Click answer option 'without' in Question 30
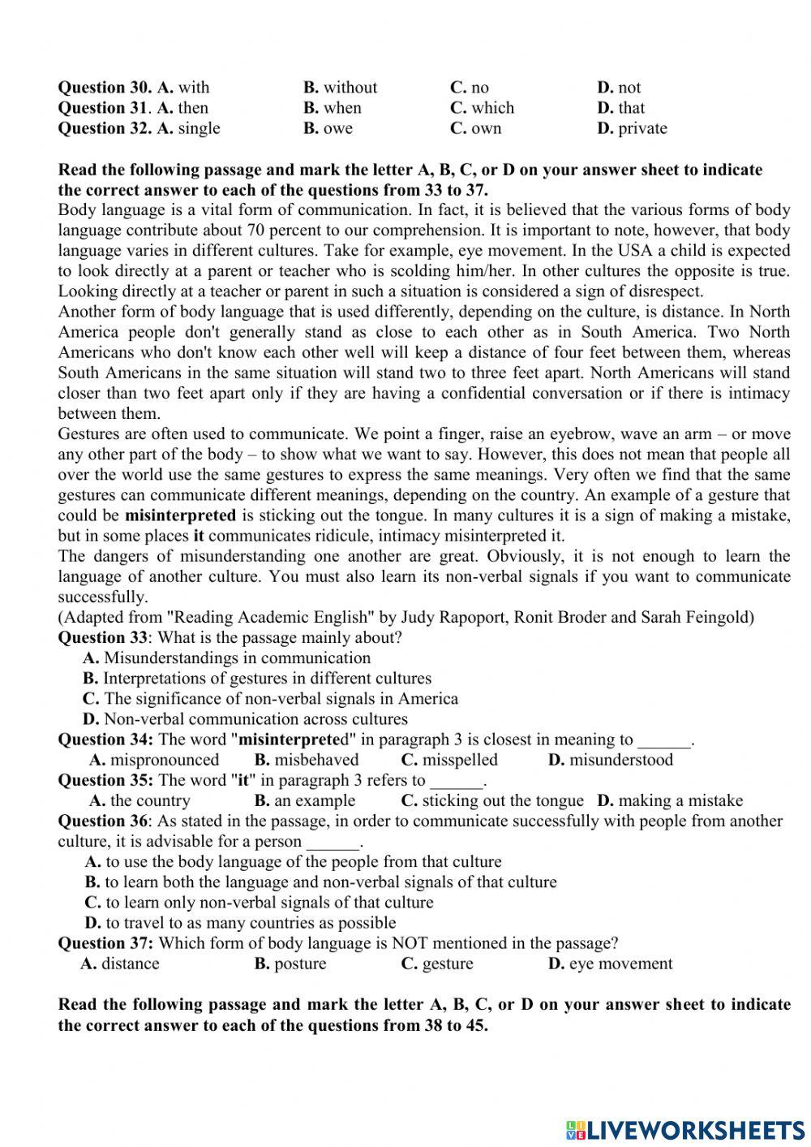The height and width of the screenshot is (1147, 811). tap(350, 88)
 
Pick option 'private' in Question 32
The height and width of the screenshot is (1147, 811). tap(642, 128)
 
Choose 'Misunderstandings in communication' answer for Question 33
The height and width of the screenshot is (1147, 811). tap(237, 658)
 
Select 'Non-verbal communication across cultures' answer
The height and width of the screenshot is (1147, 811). tap(255, 719)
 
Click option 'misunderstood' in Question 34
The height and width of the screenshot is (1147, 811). tap(620, 760)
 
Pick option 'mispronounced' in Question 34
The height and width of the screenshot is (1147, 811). tap(164, 760)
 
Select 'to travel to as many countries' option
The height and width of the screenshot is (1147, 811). tap(251, 923)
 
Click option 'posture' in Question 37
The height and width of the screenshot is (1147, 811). tap(300, 964)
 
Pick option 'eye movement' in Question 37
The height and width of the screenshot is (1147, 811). tap(620, 964)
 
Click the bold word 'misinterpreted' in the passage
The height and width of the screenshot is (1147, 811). tap(180, 515)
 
